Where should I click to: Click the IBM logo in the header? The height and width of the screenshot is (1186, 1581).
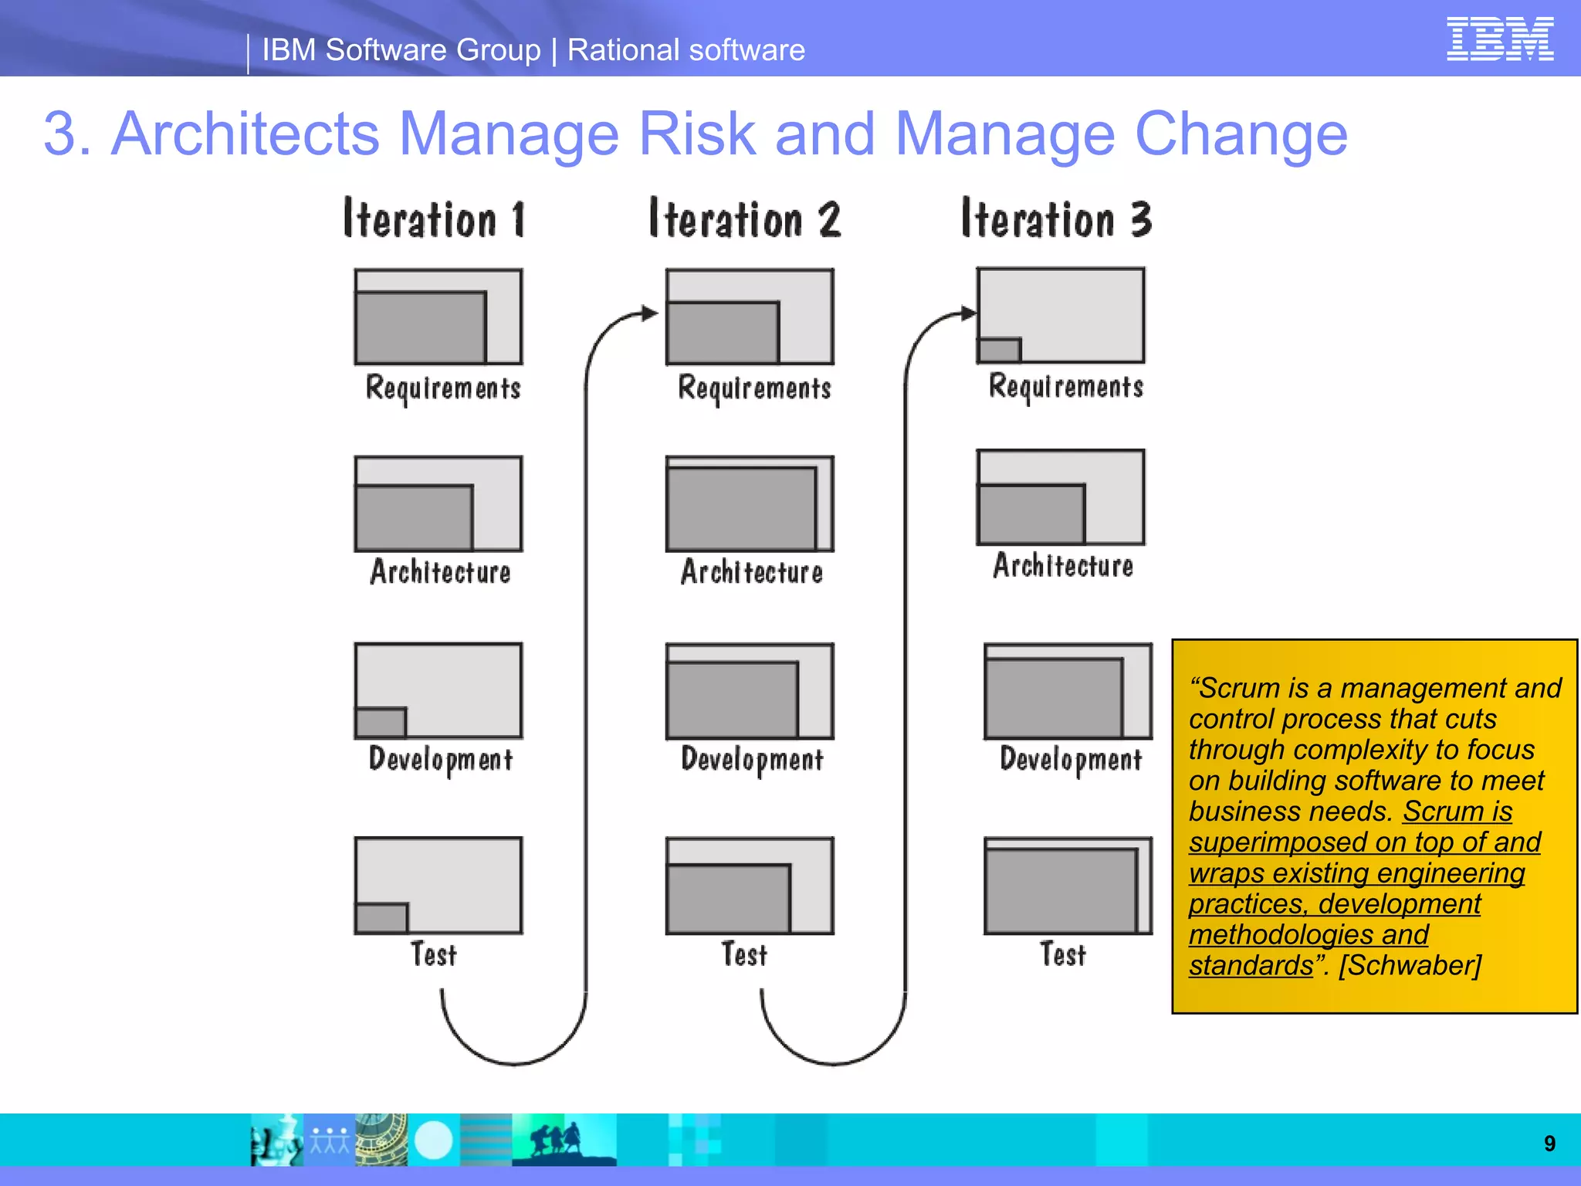(x=1499, y=39)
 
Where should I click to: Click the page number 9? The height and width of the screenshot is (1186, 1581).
(x=1549, y=1144)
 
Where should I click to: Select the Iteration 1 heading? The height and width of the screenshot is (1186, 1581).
(x=435, y=219)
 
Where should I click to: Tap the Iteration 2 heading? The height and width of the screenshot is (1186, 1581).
(x=744, y=219)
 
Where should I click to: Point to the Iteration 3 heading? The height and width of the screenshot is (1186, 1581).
(x=1056, y=219)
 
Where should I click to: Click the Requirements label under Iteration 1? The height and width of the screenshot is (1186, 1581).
(x=443, y=388)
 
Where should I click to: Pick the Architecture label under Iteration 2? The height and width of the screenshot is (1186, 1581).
(x=752, y=572)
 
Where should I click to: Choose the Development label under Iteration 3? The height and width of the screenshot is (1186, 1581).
(x=1071, y=760)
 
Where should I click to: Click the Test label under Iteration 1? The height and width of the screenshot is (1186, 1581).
(x=434, y=954)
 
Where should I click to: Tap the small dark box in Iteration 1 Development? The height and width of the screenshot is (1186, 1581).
(x=381, y=723)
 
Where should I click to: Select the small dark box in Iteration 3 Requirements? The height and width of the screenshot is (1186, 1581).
(x=999, y=351)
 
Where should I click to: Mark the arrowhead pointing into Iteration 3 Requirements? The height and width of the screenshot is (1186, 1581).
(x=969, y=313)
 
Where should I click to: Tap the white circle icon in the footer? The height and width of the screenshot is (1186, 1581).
(x=434, y=1140)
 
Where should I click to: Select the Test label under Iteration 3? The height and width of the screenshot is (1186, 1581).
(x=1063, y=954)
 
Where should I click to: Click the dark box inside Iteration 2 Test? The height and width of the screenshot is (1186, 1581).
(x=729, y=898)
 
